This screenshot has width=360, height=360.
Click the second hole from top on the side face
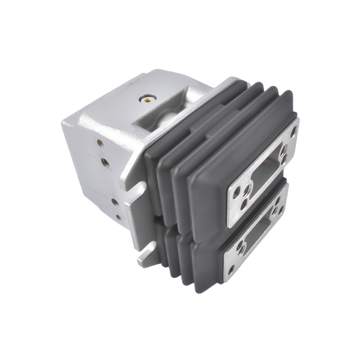click(104, 161)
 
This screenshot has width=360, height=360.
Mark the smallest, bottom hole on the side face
click(118, 217)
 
